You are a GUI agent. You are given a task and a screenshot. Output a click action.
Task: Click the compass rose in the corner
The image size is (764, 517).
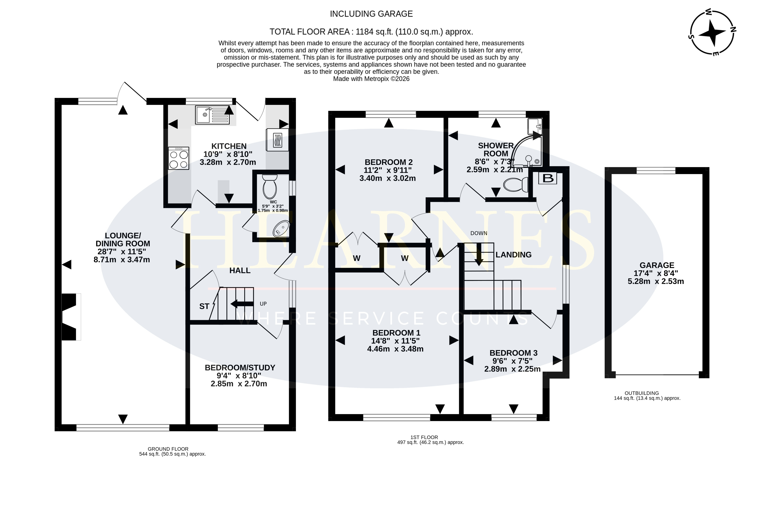(x=712, y=32)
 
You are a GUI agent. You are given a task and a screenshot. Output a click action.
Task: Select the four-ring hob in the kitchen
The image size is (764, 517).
(x=179, y=158)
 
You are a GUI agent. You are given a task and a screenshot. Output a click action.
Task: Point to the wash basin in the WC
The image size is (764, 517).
(x=281, y=228)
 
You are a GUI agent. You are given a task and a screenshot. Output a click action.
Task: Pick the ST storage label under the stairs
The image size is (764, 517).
(x=204, y=306)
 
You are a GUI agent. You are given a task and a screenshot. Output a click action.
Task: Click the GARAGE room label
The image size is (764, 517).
(x=657, y=265)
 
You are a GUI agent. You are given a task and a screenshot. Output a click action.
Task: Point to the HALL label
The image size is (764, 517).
(x=240, y=271)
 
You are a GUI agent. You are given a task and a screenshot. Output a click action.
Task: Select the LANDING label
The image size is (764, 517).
(x=514, y=255)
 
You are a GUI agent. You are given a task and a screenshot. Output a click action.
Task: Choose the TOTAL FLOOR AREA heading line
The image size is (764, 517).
(x=371, y=32)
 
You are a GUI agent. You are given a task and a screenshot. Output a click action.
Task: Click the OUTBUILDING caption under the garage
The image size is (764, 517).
(x=642, y=393)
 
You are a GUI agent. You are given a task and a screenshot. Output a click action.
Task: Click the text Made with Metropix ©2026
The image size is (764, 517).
(x=371, y=79)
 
